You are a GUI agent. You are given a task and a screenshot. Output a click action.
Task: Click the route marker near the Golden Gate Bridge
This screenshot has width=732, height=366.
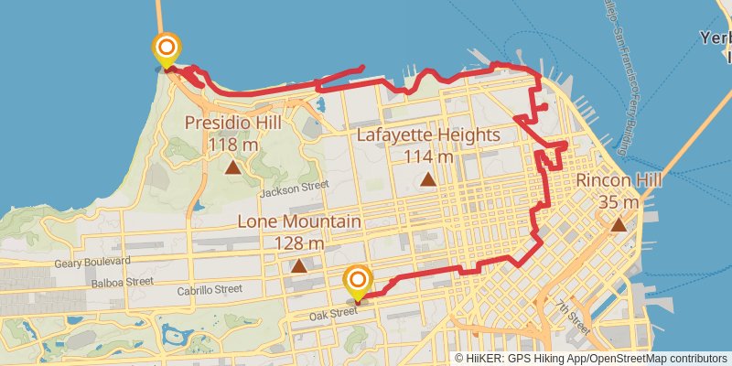click(167, 50)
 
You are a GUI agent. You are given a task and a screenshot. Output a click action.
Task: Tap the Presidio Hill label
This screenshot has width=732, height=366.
click(232, 123)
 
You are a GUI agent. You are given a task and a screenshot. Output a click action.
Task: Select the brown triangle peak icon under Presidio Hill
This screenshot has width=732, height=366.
click(232, 167)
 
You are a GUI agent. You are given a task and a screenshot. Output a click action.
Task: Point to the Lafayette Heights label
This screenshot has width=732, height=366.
click(428, 135)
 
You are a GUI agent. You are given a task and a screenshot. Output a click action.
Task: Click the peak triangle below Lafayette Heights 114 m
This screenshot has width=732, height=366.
click(428, 179)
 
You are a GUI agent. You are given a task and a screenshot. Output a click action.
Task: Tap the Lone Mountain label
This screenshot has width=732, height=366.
click(299, 222)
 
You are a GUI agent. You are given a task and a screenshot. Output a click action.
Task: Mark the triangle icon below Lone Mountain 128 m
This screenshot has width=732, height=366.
click(299, 266)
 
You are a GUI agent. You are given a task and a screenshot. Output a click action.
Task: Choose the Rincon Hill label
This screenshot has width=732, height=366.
click(619, 181)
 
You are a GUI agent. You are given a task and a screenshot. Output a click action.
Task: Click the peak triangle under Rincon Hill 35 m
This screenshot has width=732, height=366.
click(619, 225)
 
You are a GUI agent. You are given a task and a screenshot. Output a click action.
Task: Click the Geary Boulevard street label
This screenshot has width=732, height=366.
click(91, 263)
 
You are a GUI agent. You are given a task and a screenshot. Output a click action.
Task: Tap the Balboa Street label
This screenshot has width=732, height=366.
click(122, 282)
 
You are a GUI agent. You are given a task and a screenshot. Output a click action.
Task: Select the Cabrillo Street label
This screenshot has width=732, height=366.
click(210, 289)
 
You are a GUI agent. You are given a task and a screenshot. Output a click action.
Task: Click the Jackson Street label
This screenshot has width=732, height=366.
click(293, 188)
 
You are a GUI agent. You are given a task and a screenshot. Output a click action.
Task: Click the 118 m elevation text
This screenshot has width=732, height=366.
click(232, 145)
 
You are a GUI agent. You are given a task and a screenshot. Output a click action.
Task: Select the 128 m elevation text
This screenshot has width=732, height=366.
click(299, 243)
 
